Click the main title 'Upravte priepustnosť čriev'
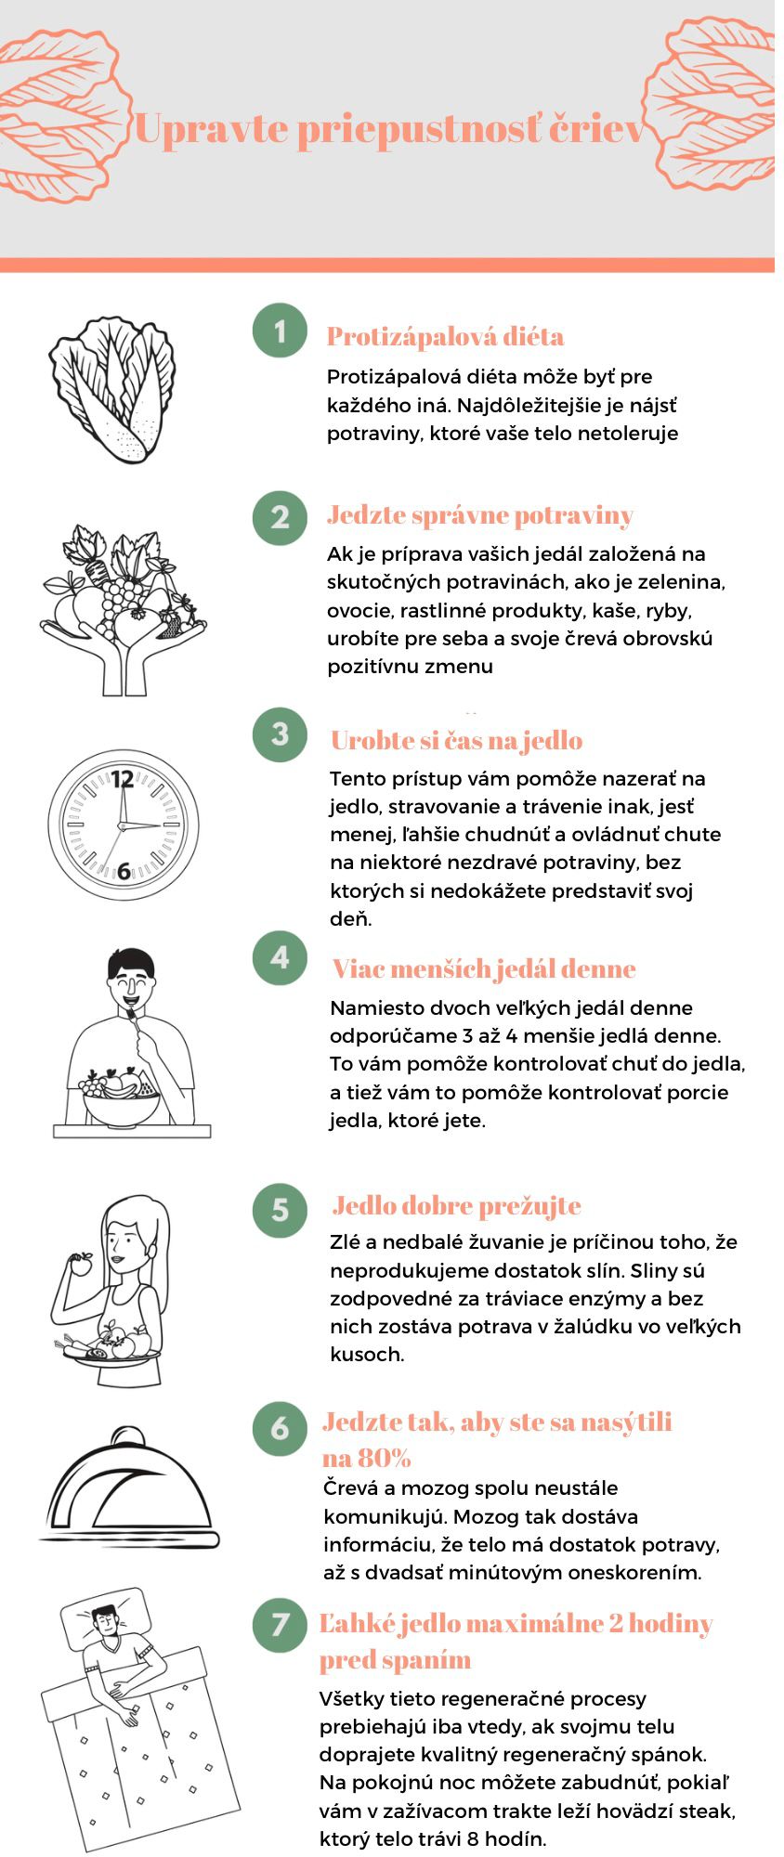(389, 128)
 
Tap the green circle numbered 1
(280, 331)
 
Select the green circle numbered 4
(280, 957)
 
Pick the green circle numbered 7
(280, 1624)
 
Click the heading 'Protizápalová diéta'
(445, 336)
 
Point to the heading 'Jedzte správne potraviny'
(480, 514)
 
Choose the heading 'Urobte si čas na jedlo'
(456, 740)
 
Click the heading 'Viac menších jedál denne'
(484, 968)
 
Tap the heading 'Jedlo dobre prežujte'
(456, 1205)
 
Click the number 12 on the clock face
(123, 778)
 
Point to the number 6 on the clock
(124, 871)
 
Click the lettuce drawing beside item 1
(112, 389)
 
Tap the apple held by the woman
(82, 1264)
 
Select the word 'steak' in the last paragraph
(709, 1811)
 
